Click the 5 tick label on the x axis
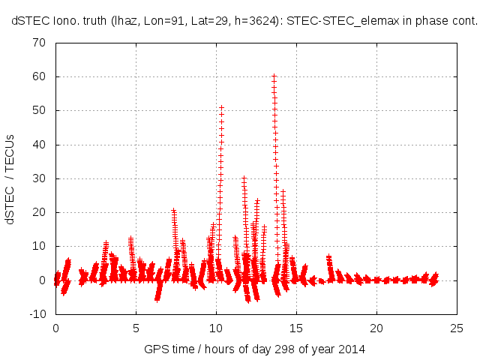(x=136, y=328)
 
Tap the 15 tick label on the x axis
(x=296, y=328)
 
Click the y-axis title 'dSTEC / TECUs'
(x=10, y=178)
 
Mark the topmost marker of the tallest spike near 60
(x=274, y=76)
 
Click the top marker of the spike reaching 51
(x=221, y=107)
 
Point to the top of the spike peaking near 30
(x=244, y=178)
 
